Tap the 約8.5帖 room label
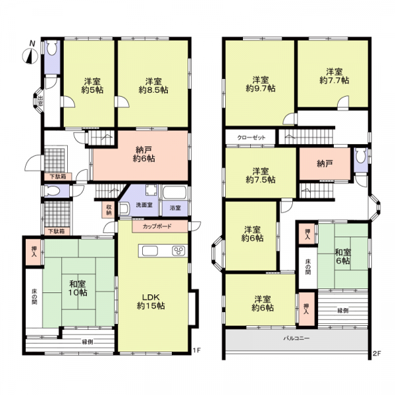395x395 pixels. tap(153, 86)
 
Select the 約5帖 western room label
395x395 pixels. tap(92, 86)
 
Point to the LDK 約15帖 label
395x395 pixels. tap(151, 302)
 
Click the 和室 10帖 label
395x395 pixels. tap(78, 288)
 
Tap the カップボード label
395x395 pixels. tap(157, 226)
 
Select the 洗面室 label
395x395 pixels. tap(144, 205)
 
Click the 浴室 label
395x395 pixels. tap(175, 208)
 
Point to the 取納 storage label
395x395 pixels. tap(109, 210)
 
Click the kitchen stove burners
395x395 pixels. tap(178, 251)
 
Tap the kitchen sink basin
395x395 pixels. tap(150, 251)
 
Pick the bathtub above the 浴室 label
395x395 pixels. tap(174, 193)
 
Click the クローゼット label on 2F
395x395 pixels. tap(251, 138)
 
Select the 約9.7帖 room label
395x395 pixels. tap(261, 84)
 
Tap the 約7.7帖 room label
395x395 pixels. tap(334, 76)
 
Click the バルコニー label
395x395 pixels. tap(296, 338)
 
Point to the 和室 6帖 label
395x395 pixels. tap(342, 256)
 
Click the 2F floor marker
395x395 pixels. tap(377, 354)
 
